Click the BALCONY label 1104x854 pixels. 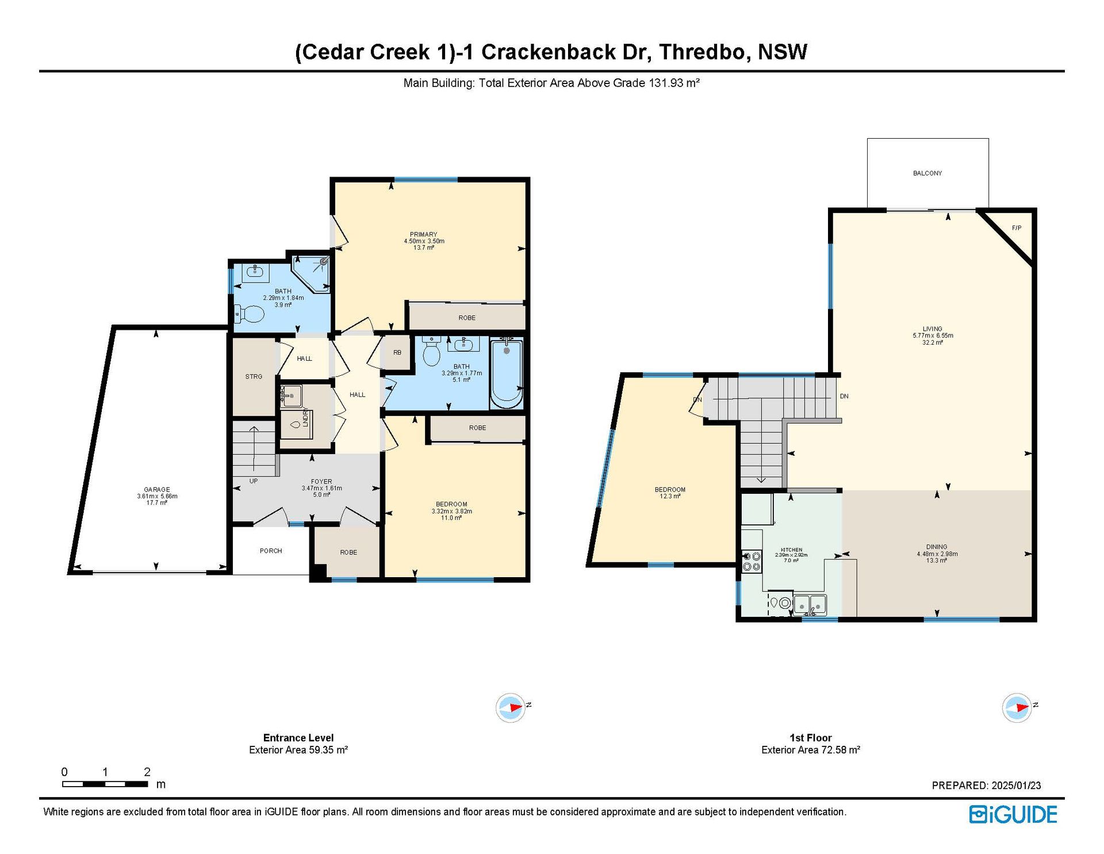[927, 173]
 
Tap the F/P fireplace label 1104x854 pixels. [1017, 228]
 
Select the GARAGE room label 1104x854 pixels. [157, 490]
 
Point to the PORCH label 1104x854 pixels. [271, 551]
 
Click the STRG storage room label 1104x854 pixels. [254, 377]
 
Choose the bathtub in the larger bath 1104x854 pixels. [506, 373]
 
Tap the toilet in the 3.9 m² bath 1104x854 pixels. [249, 314]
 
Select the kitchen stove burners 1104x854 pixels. [752, 562]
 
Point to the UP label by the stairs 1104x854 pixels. [254, 481]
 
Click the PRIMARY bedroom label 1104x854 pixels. [424, 235]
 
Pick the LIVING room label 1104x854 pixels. [933, 329]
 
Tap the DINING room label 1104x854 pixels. [937, 547]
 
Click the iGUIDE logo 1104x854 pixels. [1013, 814]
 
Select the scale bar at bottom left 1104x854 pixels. [105, 784]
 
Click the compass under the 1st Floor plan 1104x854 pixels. [1017, 707]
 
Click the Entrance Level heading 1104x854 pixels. [298, 738]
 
